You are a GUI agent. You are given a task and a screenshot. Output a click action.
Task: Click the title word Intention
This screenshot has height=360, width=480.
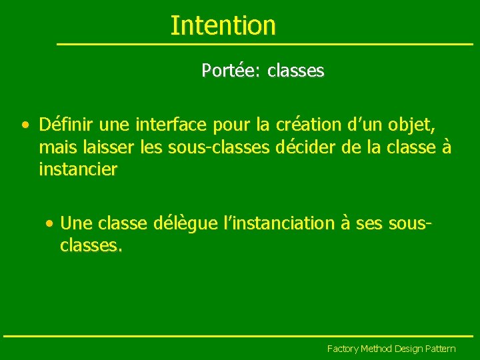(223, 25)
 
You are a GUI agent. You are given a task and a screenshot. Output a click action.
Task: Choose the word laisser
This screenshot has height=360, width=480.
(107, 147)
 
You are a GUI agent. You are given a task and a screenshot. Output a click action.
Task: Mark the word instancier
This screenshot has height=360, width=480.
(78, 169)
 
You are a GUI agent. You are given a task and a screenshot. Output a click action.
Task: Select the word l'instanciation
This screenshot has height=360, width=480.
(279, 223)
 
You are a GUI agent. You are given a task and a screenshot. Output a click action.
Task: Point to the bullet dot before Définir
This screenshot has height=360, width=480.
(25, 125)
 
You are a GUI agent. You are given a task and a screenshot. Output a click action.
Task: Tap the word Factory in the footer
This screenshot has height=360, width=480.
(343, 349)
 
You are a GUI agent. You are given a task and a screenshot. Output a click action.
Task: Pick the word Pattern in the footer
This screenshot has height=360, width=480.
(441, 349)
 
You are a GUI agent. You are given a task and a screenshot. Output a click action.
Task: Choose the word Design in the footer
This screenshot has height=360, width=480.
(409, 349)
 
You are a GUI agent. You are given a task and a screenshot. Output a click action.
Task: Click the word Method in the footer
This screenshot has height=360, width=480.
(377, 349)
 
